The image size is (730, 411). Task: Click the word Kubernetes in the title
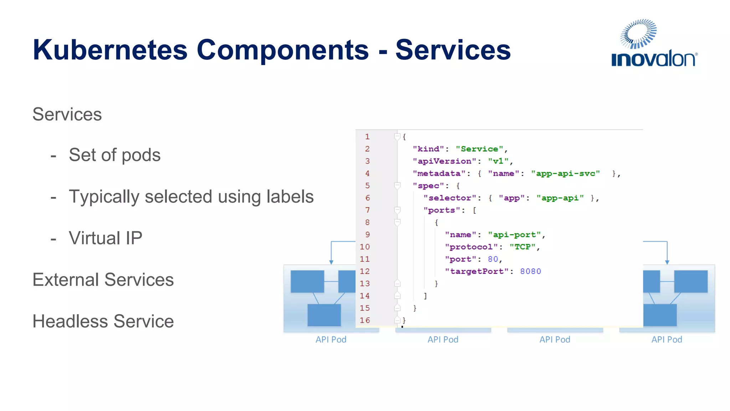110,50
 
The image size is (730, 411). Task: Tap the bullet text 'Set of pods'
114,155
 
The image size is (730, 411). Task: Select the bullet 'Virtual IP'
106,238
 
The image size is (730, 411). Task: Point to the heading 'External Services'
103,280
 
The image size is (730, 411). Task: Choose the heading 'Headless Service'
103,321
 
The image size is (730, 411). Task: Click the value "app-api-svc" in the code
565,174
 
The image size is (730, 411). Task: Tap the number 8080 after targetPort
530,272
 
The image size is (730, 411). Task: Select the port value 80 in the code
493,259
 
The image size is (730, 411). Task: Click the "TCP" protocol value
522,247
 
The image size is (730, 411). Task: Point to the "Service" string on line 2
479,149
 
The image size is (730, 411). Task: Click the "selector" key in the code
450,198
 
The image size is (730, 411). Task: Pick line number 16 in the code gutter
365,320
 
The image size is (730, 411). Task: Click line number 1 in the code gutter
367,137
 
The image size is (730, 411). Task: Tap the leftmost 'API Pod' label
331,340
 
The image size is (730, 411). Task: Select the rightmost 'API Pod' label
667,340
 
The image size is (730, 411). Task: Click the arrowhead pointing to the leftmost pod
331,262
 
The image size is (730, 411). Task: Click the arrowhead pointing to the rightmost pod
667,262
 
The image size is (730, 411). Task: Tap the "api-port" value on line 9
514,235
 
